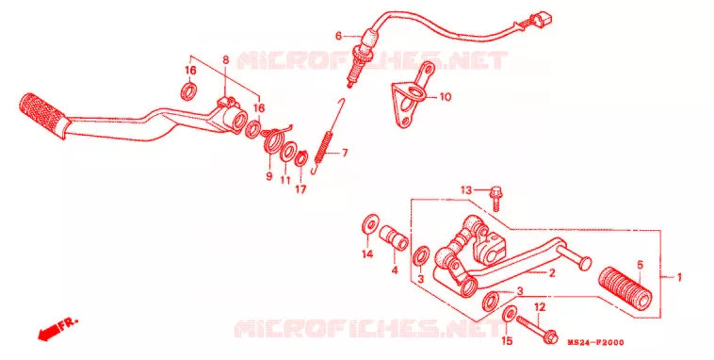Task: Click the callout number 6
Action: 338,36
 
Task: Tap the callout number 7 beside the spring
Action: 345,153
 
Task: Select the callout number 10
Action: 445,97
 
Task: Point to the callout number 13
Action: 467,190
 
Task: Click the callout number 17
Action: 300,188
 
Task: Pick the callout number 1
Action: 679,277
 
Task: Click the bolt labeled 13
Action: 495,199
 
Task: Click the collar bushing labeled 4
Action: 395,237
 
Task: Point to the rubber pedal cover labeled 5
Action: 625,290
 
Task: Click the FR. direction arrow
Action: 57,329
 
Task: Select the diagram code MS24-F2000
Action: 595,343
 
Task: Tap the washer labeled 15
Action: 510,314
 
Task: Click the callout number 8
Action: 226,59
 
